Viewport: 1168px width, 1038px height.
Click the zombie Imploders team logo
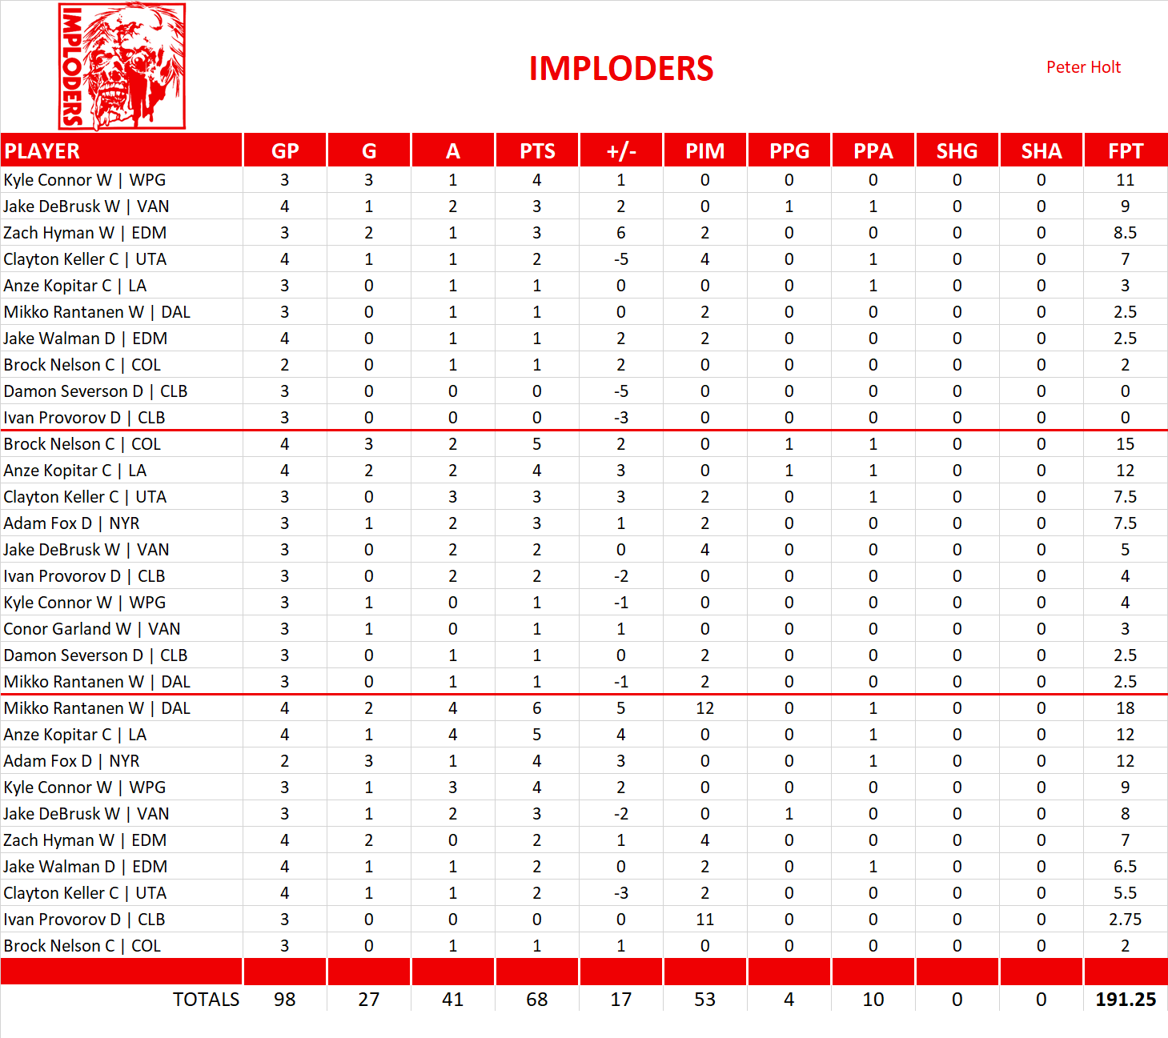(x=122, y=66)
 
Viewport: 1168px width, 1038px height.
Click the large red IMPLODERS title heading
(x=620, y=69)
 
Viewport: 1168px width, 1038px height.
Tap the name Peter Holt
(x=1083, y=67)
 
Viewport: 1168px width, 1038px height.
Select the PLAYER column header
(x=42, y=150)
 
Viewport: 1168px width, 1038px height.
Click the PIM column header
(x=704, y=150)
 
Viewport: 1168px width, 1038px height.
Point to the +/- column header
(x=620, y=150)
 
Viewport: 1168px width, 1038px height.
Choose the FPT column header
(x=1125, y=150)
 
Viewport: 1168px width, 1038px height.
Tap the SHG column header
(x=957, y=150)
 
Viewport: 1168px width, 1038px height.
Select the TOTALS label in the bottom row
(x=206, y=1000)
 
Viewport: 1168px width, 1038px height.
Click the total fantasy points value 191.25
(x=1125, y=1000)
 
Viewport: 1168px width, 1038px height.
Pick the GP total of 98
(x=284, y=1000)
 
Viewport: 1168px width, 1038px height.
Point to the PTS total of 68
(x=536, y=1000)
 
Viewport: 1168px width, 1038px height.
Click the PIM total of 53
(x=704, y=1000)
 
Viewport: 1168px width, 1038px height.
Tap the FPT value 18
(x=1125, y=708)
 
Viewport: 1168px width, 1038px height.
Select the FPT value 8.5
(x=1125, y=233)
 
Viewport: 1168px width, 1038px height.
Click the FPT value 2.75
(x=1125, y=920)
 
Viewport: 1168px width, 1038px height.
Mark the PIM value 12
(x=704, y=708)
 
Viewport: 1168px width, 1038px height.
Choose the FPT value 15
(x=1125, y=444)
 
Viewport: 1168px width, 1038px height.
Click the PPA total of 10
(x=873, y=1000)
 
